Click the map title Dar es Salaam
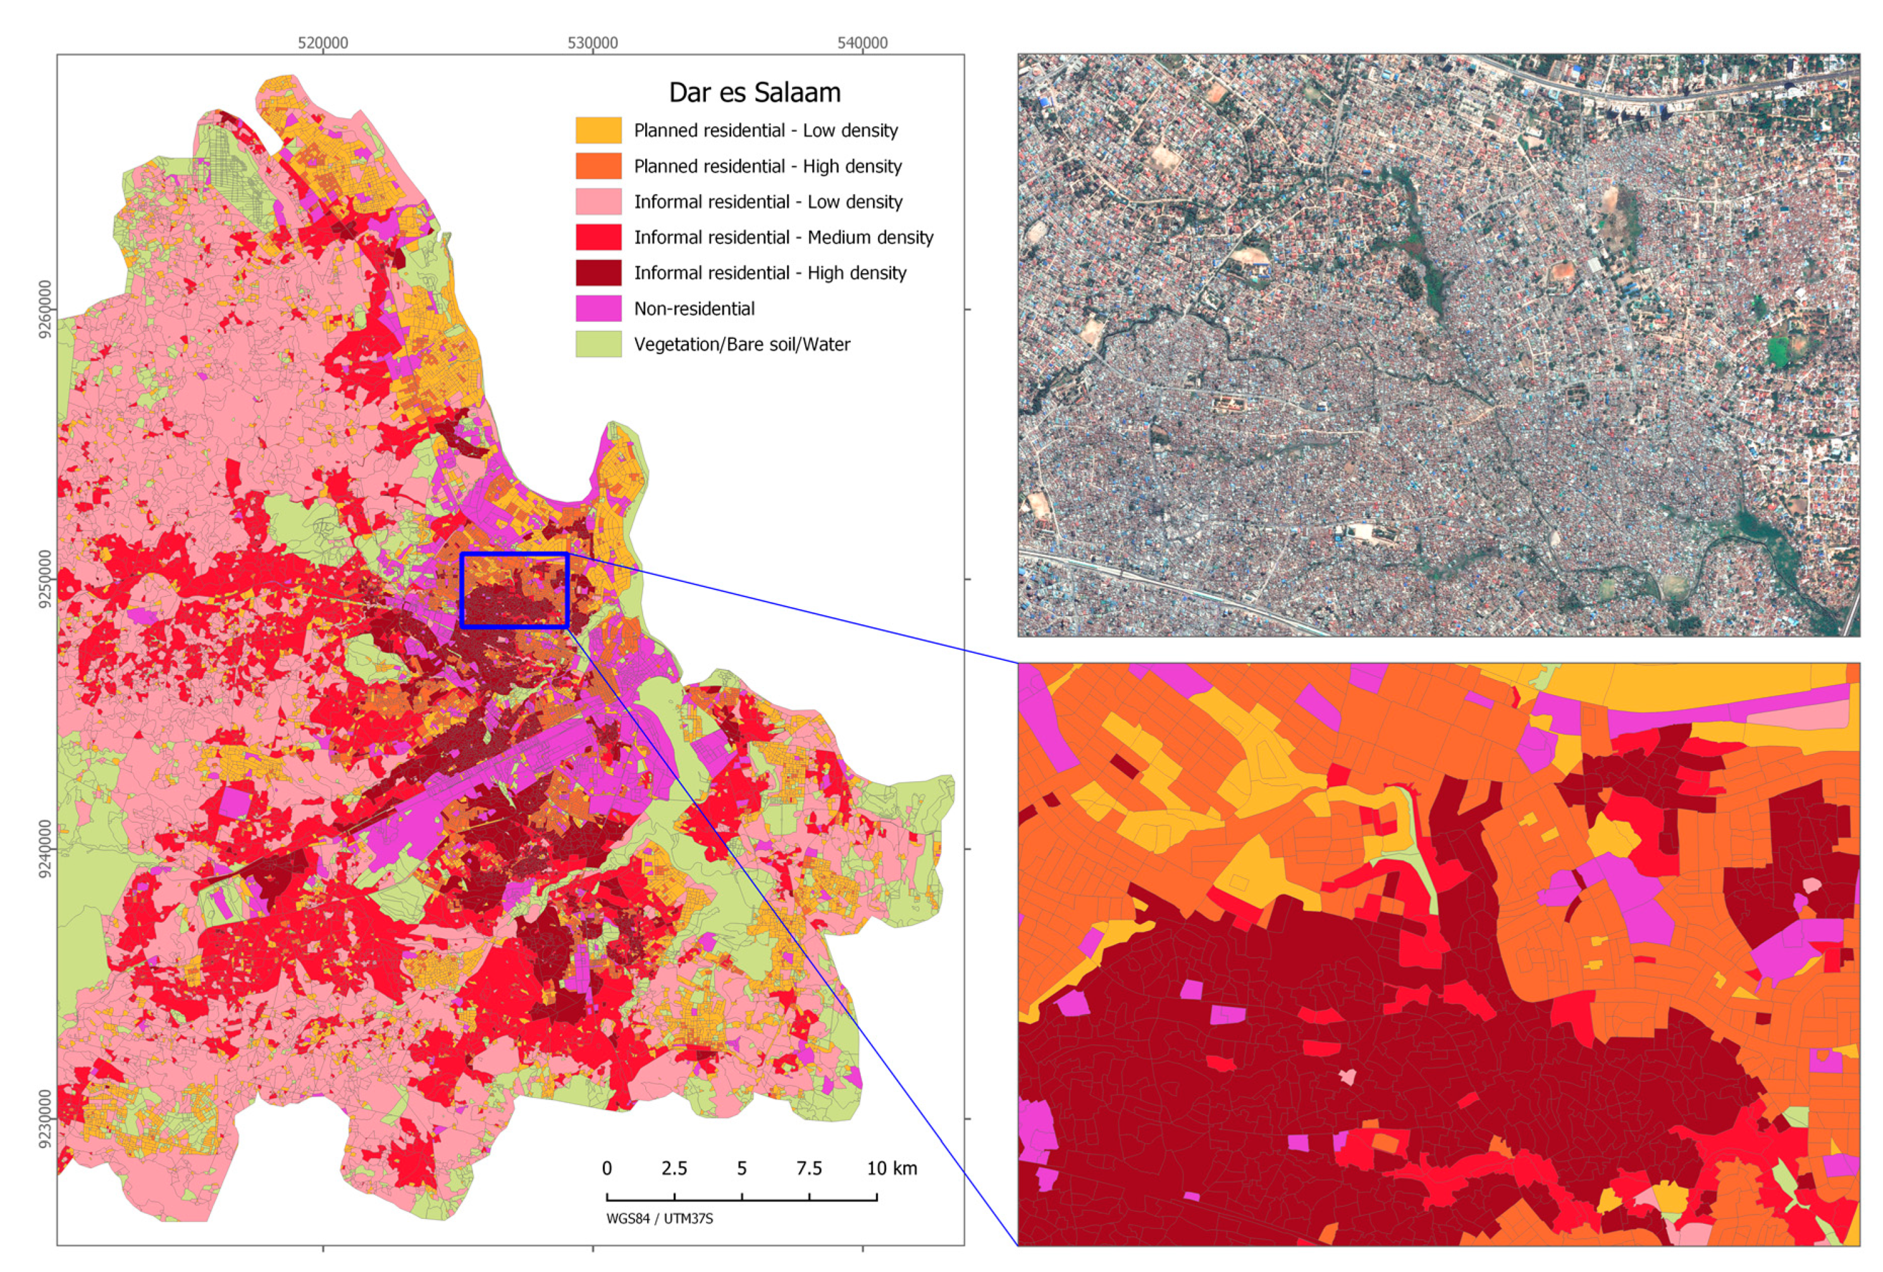(x=755, y=92)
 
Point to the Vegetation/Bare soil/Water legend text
(x=741, y=344)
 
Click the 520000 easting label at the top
(x=323, y=43)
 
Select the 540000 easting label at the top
(x=862, y=43)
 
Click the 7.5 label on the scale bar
(x=808, y=1168)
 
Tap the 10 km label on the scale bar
(x=891, y=1168)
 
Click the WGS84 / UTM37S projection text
(x=660, y=1218)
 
